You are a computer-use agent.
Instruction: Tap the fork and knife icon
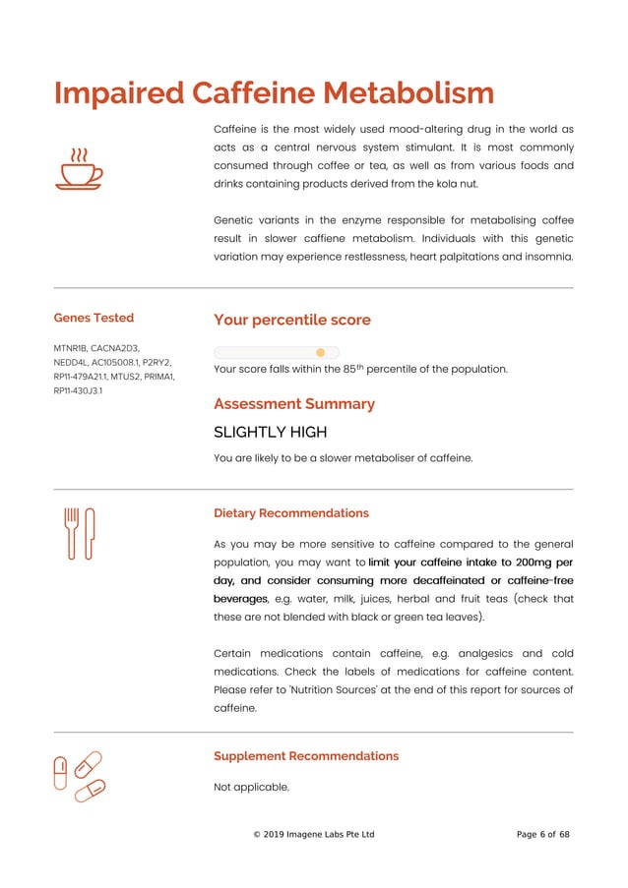point(79,534)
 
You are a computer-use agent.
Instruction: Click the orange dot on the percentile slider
point(320,352)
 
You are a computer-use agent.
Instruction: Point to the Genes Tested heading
point(94,318)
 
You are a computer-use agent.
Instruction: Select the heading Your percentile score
point(292,320)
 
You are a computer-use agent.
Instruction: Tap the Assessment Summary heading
point(294,404)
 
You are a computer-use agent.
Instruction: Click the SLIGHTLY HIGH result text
point(271,432)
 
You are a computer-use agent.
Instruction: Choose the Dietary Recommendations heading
point(291,513)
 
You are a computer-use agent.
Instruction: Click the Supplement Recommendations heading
point(306,756)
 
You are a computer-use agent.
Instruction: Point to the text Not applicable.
point(252,787)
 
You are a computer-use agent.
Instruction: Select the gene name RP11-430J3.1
point(78,390)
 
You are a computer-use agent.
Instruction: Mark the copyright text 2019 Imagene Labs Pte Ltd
point(319,835)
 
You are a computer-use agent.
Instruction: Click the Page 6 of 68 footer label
point(543,835)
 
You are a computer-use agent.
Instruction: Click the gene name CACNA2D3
point(117,347)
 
